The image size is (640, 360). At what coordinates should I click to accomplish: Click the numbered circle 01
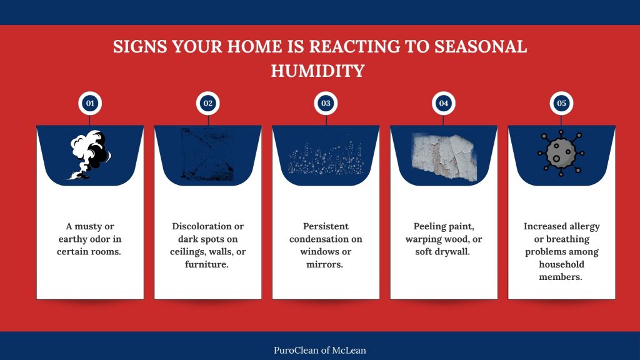(x=90, y=103)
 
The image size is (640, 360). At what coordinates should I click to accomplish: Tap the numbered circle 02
(x=207, y=103)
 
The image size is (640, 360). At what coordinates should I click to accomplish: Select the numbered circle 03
(x=326, y=103)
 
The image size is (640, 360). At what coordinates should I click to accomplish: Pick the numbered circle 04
(x=444, y=103)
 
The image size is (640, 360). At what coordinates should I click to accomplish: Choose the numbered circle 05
(x=561, y=103)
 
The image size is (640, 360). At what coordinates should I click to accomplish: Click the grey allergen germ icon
(x=561, y=153)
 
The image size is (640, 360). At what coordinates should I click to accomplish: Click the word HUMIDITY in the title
(x=317, y=71)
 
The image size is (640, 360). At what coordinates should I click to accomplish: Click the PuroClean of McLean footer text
(x=320, y=350)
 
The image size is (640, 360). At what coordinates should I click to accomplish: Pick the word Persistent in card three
(x=326, y=226)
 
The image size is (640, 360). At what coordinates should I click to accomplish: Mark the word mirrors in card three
(x=326, y=264)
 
